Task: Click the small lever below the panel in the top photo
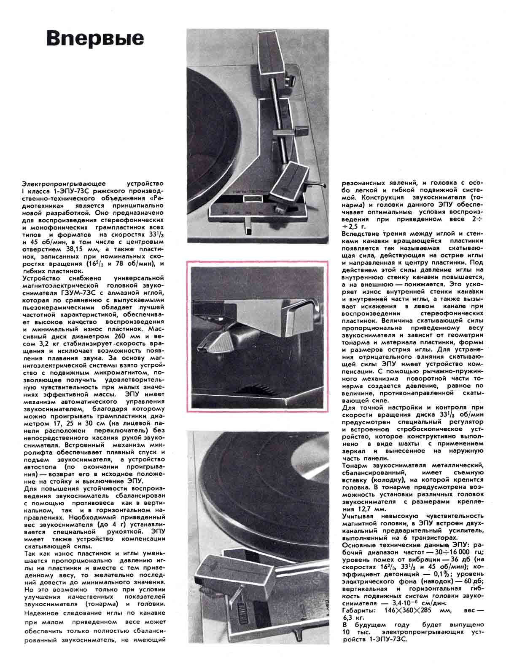click(248, 227)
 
